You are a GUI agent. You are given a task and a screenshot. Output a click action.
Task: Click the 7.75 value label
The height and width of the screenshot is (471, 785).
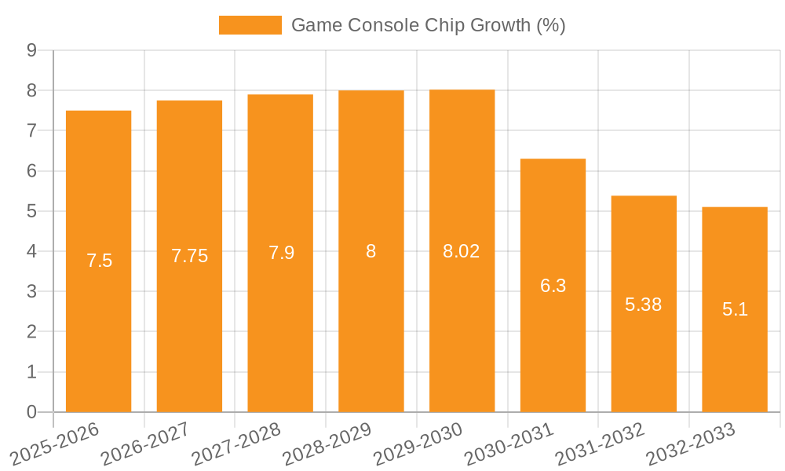pyautogui.click(x=189, y=256)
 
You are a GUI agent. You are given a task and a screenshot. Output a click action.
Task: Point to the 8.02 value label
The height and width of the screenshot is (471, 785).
pyautogui.click(x=462, y=251)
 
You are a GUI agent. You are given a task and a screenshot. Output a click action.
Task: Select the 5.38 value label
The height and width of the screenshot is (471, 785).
pyautogui.click(x=644, y=305)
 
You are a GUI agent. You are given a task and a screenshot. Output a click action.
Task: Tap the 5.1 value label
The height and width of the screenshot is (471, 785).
pyautogui.click(x=735, y=309)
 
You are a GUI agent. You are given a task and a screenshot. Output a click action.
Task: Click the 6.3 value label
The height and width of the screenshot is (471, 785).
pyautogui.click(x=553, y=286)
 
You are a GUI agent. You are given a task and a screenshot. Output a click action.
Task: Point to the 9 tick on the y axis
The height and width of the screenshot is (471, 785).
pyautogui.click(x=31, y=50)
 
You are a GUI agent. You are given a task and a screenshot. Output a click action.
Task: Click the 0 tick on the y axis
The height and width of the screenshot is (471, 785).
pyautogui.click(x=31, y=412)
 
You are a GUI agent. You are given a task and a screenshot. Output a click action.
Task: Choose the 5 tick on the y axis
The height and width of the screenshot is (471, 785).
pyautogui.click(x=31, y=211)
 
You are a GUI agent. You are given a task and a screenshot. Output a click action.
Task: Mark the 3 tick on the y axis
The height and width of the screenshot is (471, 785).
pyautogui.click(x=31, y=291)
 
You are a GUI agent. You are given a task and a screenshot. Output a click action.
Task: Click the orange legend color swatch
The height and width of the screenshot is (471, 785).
pyautogui.click(x=250, y=25)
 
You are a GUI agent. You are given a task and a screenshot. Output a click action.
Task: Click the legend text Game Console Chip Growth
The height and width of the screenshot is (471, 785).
pyautogui.click(x=428, y=25)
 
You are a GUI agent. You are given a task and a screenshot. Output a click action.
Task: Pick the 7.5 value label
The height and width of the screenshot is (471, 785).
pyautogui.click(x=99, y=261)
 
